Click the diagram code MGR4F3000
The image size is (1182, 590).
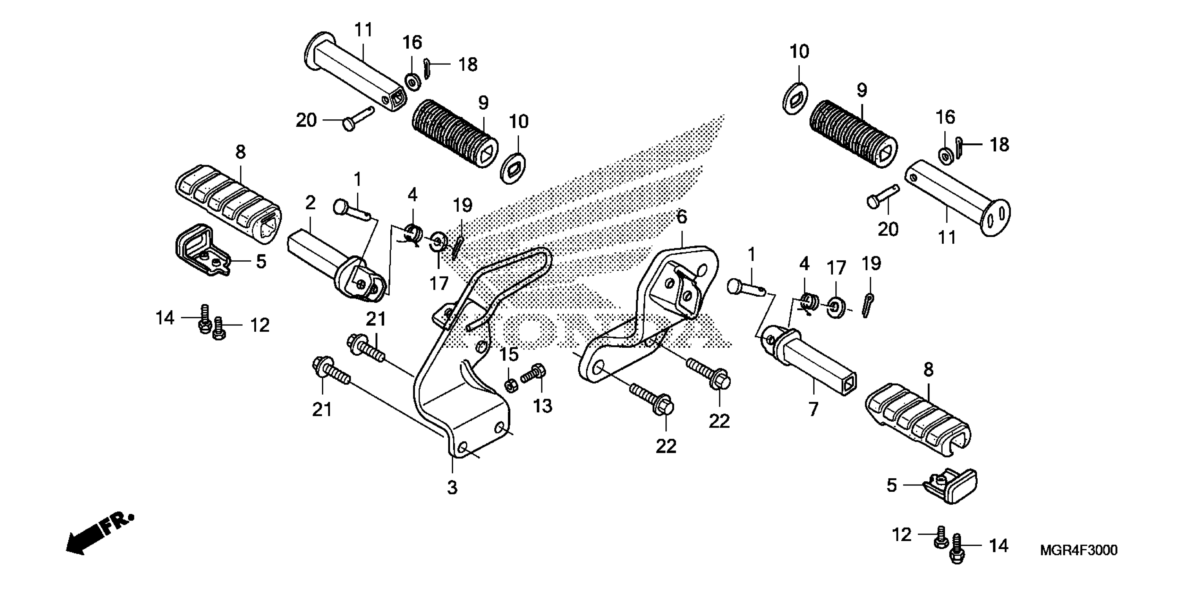pyautogui.click(x=1078, y=550)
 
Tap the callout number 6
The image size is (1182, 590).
pyautogui.click(x=682, y=217)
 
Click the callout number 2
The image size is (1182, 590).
pyautogui.click(x=311, y=202)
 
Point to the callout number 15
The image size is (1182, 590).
pyautogui.click(x=509, y=354)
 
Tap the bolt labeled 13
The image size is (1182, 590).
pyautogui.click(x=534, y=372)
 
